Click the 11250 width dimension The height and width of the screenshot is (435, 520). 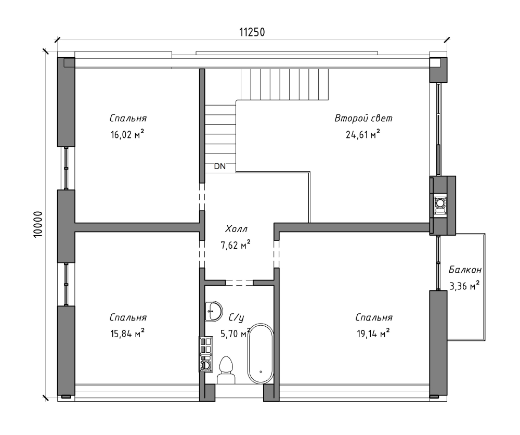252,32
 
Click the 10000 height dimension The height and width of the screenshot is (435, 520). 38,224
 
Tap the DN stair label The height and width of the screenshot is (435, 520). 219,166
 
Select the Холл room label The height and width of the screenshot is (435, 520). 236,229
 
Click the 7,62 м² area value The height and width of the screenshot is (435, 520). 236,245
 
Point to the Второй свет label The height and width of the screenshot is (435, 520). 363,118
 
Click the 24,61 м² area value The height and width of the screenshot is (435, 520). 363,134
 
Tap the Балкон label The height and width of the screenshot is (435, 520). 465,270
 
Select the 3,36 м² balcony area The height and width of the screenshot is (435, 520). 464,285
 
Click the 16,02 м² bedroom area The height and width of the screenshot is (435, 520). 127,134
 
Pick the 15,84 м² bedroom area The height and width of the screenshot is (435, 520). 127,333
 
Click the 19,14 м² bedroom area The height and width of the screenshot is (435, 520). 373,333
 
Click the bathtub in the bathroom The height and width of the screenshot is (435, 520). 261,354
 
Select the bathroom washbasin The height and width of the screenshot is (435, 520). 213,311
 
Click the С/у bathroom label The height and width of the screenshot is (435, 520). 237,317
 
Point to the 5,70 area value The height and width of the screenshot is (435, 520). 229,333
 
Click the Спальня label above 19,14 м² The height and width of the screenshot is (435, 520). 374,317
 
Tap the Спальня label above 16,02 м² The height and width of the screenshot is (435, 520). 128,118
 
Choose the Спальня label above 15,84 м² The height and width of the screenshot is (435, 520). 128,317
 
